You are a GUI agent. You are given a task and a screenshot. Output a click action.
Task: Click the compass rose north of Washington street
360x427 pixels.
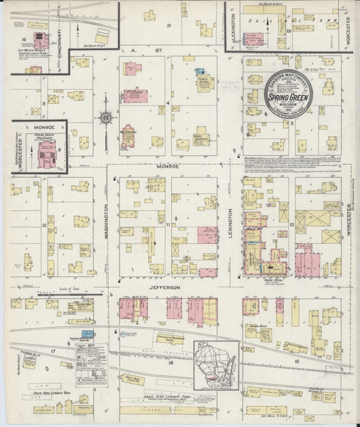(107, 120)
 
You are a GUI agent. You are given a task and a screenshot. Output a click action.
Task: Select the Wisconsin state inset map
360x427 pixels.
(216, 365)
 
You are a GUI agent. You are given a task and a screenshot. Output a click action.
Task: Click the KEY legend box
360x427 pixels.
(91, 365)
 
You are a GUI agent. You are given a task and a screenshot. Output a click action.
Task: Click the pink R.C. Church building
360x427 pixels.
(128, 136)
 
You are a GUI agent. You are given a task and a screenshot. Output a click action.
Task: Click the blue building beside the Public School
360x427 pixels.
(199, 71)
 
